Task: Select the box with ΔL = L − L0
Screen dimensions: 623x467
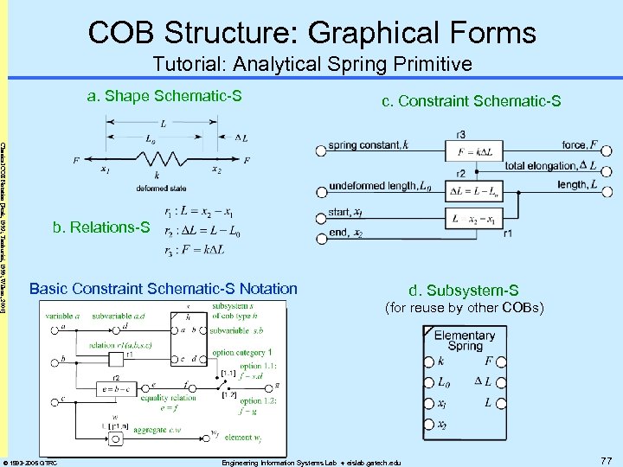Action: pos(473,189)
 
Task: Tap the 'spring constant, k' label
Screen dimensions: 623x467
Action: pos(366,147)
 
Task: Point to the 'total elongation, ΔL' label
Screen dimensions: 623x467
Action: pos(549,165)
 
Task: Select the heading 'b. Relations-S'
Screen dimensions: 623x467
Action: pos(100,228)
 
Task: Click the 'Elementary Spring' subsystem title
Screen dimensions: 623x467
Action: pos(465,341)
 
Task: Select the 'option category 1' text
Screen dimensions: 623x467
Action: pos(241,352)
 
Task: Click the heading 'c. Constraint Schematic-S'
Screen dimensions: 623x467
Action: pos(472,102)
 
